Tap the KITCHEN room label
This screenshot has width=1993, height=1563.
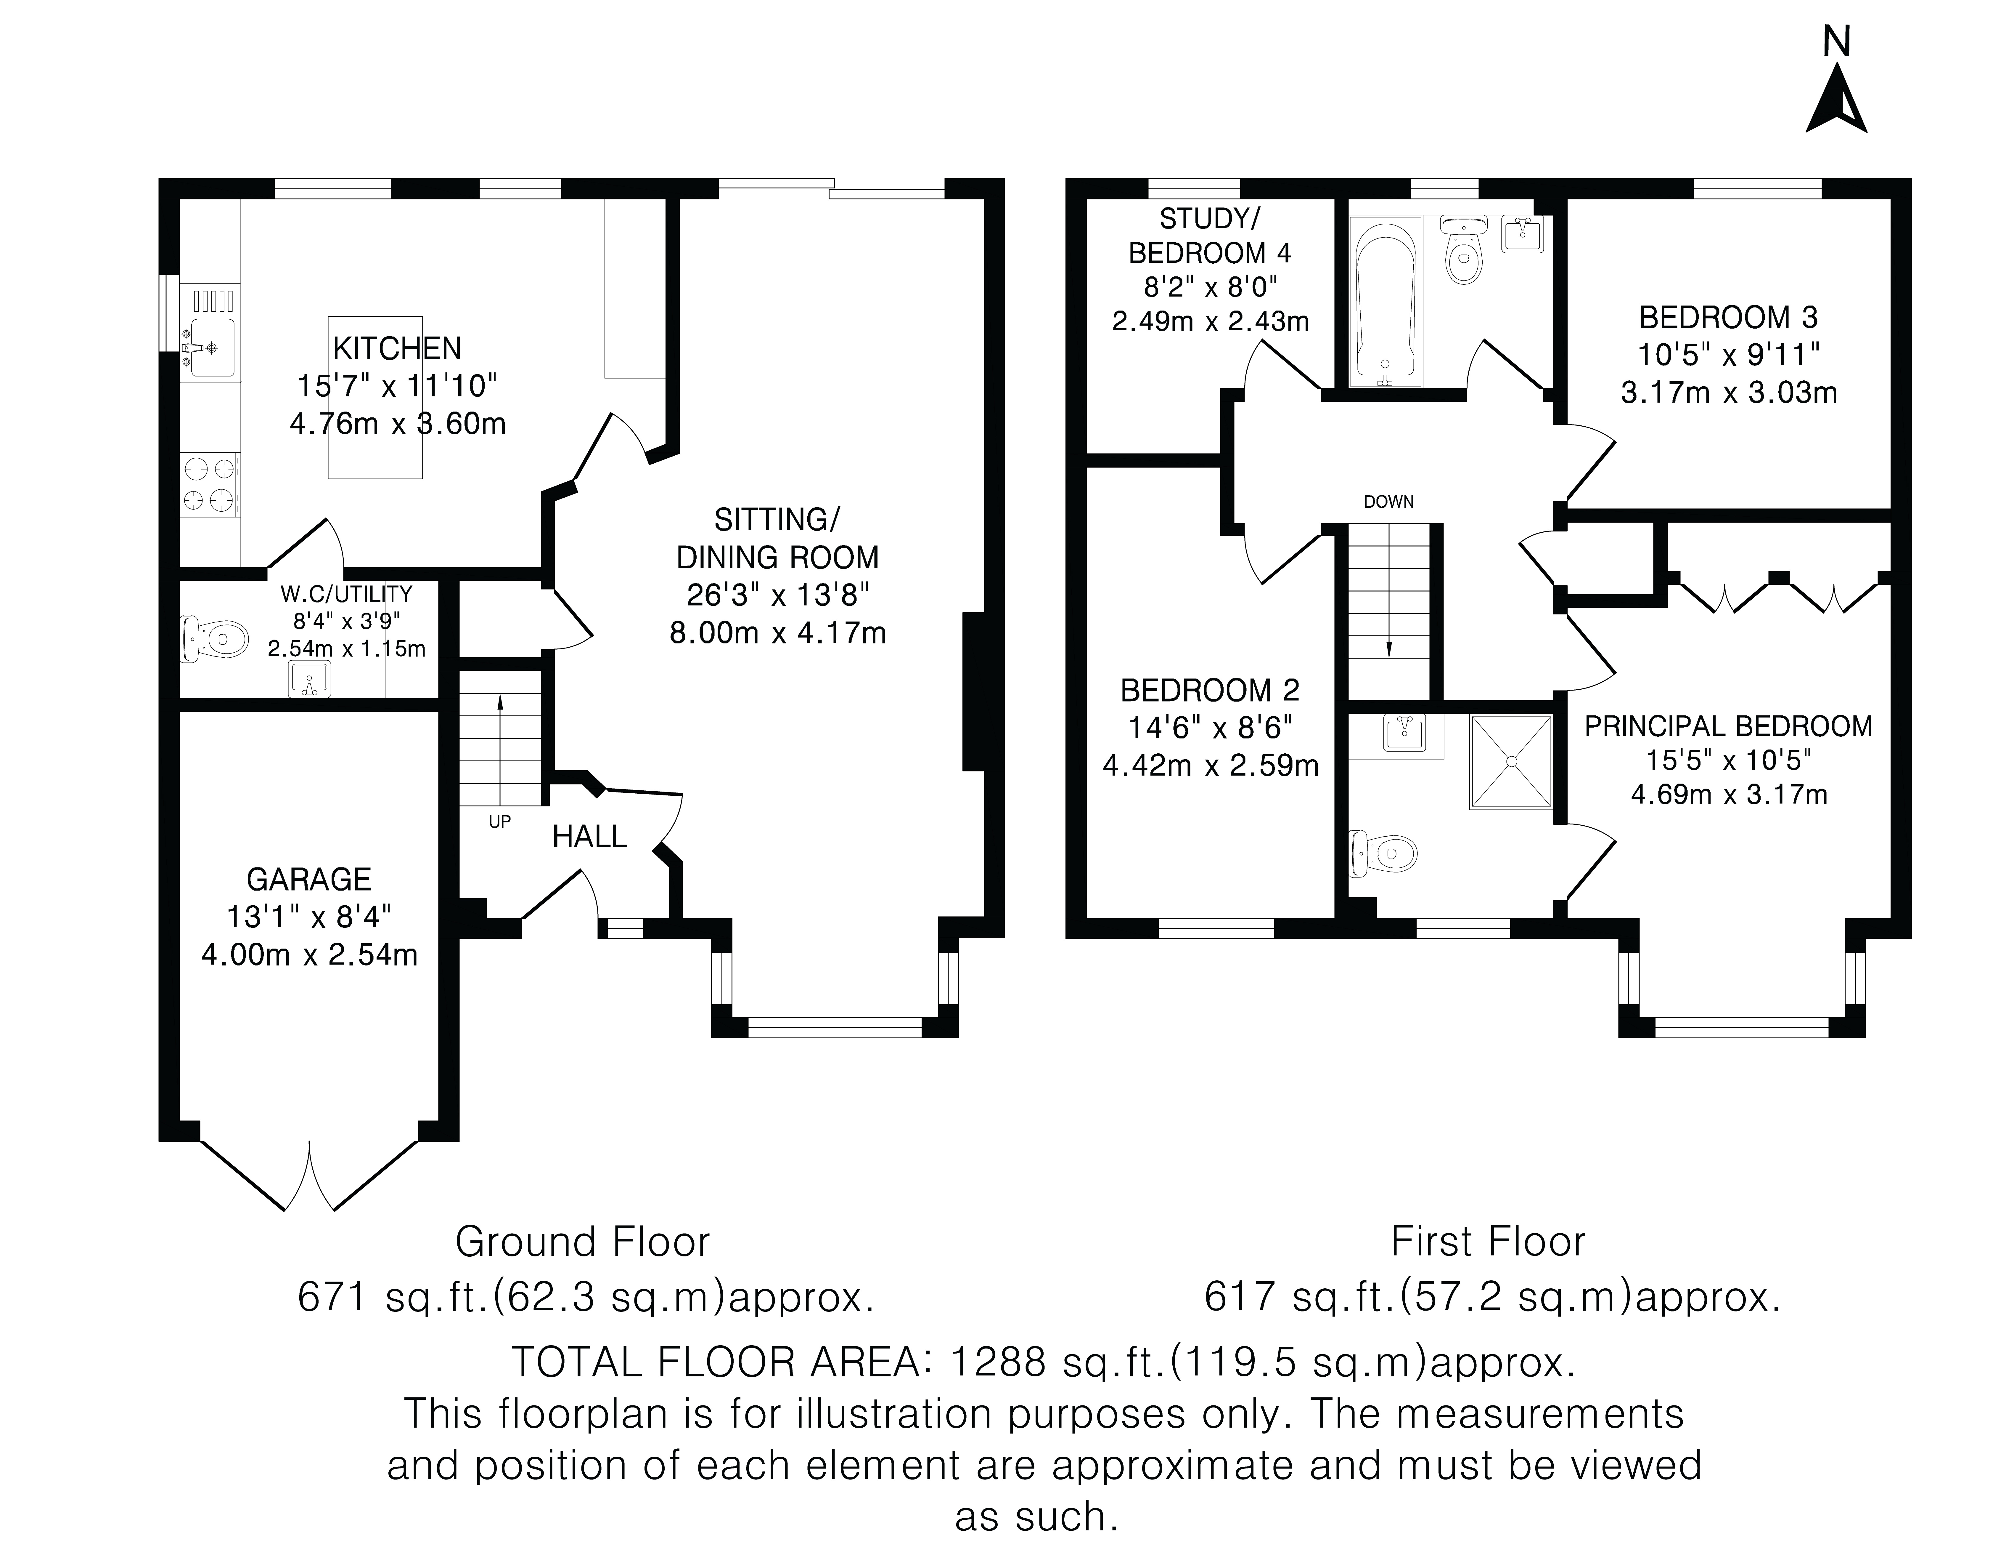coord(397,349)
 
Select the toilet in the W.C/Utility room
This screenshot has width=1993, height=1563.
coord(216,638)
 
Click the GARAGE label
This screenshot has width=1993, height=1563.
coord(309,880)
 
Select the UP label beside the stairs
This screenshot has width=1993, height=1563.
coord(499,822)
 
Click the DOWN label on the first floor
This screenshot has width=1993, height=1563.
coord(1388,502)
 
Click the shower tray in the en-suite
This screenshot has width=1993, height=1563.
coord(1511,761)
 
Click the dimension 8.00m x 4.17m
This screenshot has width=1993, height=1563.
coord(777,632)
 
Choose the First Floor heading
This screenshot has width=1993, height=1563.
coord(1488,1242)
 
